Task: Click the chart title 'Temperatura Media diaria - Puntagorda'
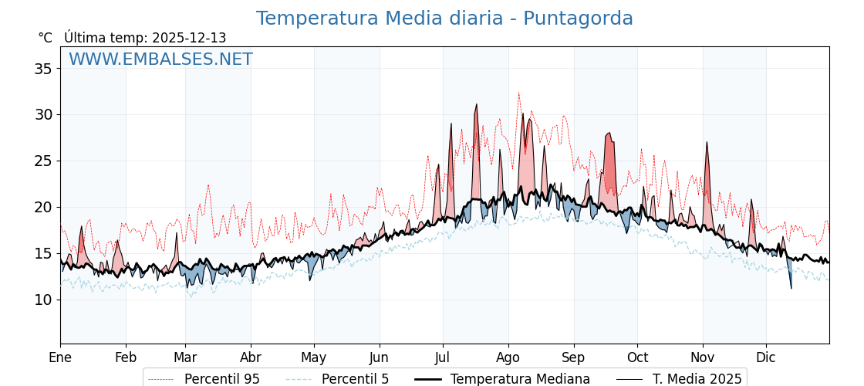[444, 19]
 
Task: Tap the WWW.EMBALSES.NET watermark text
[160, 59]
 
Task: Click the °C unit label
[45, 38]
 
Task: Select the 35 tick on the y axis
[43, 69]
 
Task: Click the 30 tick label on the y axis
[43, 115]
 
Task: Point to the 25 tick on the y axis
[43, 161]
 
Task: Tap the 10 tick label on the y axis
[43, 300]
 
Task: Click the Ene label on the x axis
[60, 357]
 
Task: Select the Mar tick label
[185, 357]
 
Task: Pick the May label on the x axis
[314, 357]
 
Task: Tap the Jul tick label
[443, 357]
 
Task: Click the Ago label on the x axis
[508, 357]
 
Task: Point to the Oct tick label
[637, 357]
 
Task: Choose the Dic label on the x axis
[766, 357]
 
